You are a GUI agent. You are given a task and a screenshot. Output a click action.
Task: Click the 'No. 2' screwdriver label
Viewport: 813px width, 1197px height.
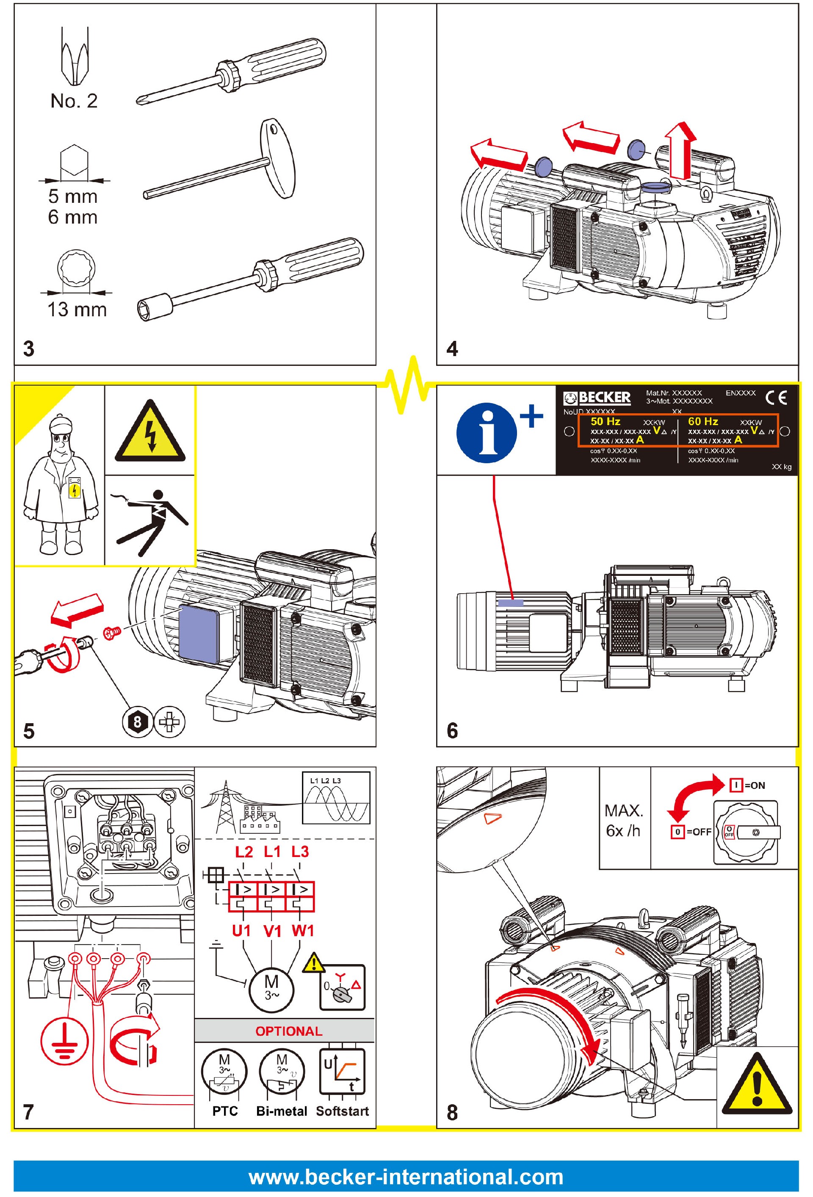click(x=74, y=100)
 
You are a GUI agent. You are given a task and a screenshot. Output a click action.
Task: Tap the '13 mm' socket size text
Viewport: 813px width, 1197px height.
click(x=77, y=309)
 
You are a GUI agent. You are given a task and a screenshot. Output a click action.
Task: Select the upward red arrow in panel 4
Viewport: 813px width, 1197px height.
click(x=680, y=149)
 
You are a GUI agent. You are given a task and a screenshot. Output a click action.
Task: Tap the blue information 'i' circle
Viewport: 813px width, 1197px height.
click(x=485, y=433)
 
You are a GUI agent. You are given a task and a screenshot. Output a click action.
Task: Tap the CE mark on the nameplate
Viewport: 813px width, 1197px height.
click(x=776, y=398)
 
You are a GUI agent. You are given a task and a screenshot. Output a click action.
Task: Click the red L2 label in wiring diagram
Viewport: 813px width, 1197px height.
click(x=244, y=851)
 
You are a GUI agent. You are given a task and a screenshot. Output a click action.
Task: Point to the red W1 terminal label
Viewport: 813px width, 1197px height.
click(x=302, y=931)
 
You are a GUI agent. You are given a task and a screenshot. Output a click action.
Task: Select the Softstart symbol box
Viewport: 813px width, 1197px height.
click(x=342, y=1071)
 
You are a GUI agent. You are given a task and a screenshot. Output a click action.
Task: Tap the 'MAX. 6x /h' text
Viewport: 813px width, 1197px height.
click(x=624, y=821)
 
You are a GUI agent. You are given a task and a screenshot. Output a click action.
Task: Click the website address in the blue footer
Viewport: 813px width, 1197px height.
click(x=406, y=1178)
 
